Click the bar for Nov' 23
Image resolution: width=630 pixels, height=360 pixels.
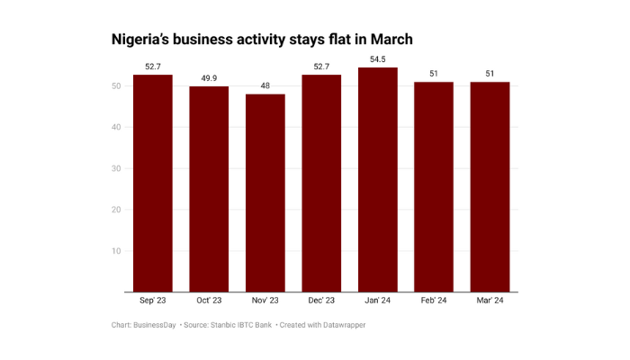pos(265,193)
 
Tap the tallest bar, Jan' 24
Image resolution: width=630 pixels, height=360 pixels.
pos(377,180)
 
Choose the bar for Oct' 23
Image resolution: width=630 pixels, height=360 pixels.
pos(209,189)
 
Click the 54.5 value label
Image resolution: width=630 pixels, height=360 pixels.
pos(377,59)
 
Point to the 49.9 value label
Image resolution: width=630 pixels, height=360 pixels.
pos(209,78)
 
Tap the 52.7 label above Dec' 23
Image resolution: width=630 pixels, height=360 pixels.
pos(321,67)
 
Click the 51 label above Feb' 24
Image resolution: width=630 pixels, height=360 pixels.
pos(434,74)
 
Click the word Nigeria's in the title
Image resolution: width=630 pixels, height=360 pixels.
pos(144,40)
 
